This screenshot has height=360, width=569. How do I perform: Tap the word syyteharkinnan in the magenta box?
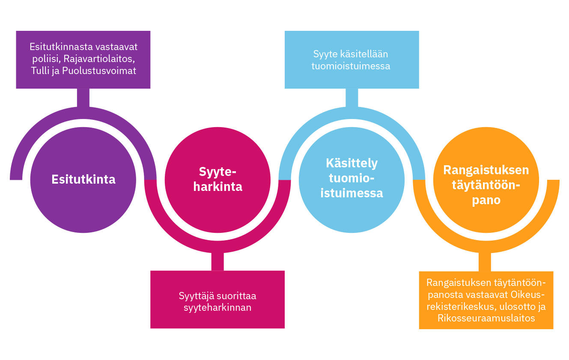click(217, 307)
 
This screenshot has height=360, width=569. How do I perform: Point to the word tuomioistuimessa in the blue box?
click(351, 66)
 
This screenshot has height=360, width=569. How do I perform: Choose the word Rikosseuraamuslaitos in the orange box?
click(486, 318)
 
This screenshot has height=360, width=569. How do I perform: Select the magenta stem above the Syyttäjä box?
click(217, 262)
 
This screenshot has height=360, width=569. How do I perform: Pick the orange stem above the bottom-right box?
click(485, 262)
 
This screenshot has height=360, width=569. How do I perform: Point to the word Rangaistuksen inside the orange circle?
click(486, 170)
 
